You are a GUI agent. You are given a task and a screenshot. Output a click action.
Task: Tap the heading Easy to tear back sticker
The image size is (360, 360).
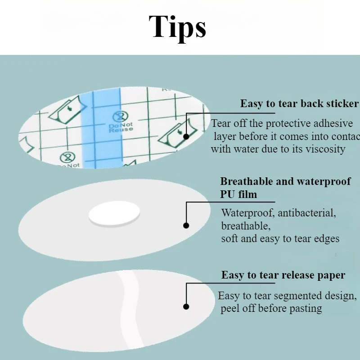pos(299,104)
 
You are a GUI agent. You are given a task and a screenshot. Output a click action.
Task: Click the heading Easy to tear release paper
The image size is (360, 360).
pos(283,275)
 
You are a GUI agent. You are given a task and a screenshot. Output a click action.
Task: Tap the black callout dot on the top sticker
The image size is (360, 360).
pos(186,135)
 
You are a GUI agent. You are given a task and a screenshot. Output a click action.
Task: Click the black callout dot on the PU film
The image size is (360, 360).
pos(186,226)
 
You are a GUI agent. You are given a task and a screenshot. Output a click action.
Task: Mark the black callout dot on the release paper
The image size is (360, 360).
pos(186,307)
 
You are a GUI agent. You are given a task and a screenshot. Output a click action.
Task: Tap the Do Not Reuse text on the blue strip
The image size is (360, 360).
pos(121,127)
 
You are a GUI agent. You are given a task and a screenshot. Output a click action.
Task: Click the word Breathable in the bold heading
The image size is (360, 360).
pos(247,182)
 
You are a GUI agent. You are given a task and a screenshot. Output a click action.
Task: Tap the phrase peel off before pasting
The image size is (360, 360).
pos(271,309)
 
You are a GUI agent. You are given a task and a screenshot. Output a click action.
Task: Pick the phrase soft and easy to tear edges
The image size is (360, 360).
pos(280,238)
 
